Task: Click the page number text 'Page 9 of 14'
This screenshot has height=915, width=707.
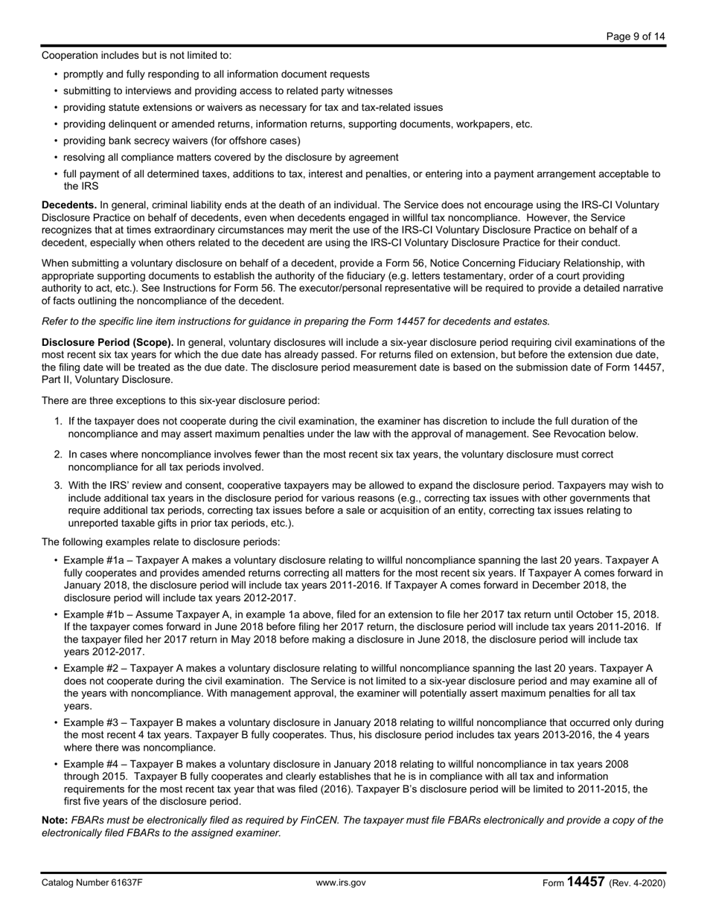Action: (636, 36)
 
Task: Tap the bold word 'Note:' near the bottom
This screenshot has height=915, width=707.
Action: (55, 820)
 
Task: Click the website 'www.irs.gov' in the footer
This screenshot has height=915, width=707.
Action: (341, 883)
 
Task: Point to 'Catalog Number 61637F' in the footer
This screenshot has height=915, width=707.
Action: (92, 883)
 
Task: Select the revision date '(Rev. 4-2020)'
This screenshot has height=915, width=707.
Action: (637, 883)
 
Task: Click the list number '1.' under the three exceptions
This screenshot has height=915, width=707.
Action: (58, 421)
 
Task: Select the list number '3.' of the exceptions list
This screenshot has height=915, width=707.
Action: (58, 485)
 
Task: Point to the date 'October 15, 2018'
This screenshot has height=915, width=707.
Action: (616, 614)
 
